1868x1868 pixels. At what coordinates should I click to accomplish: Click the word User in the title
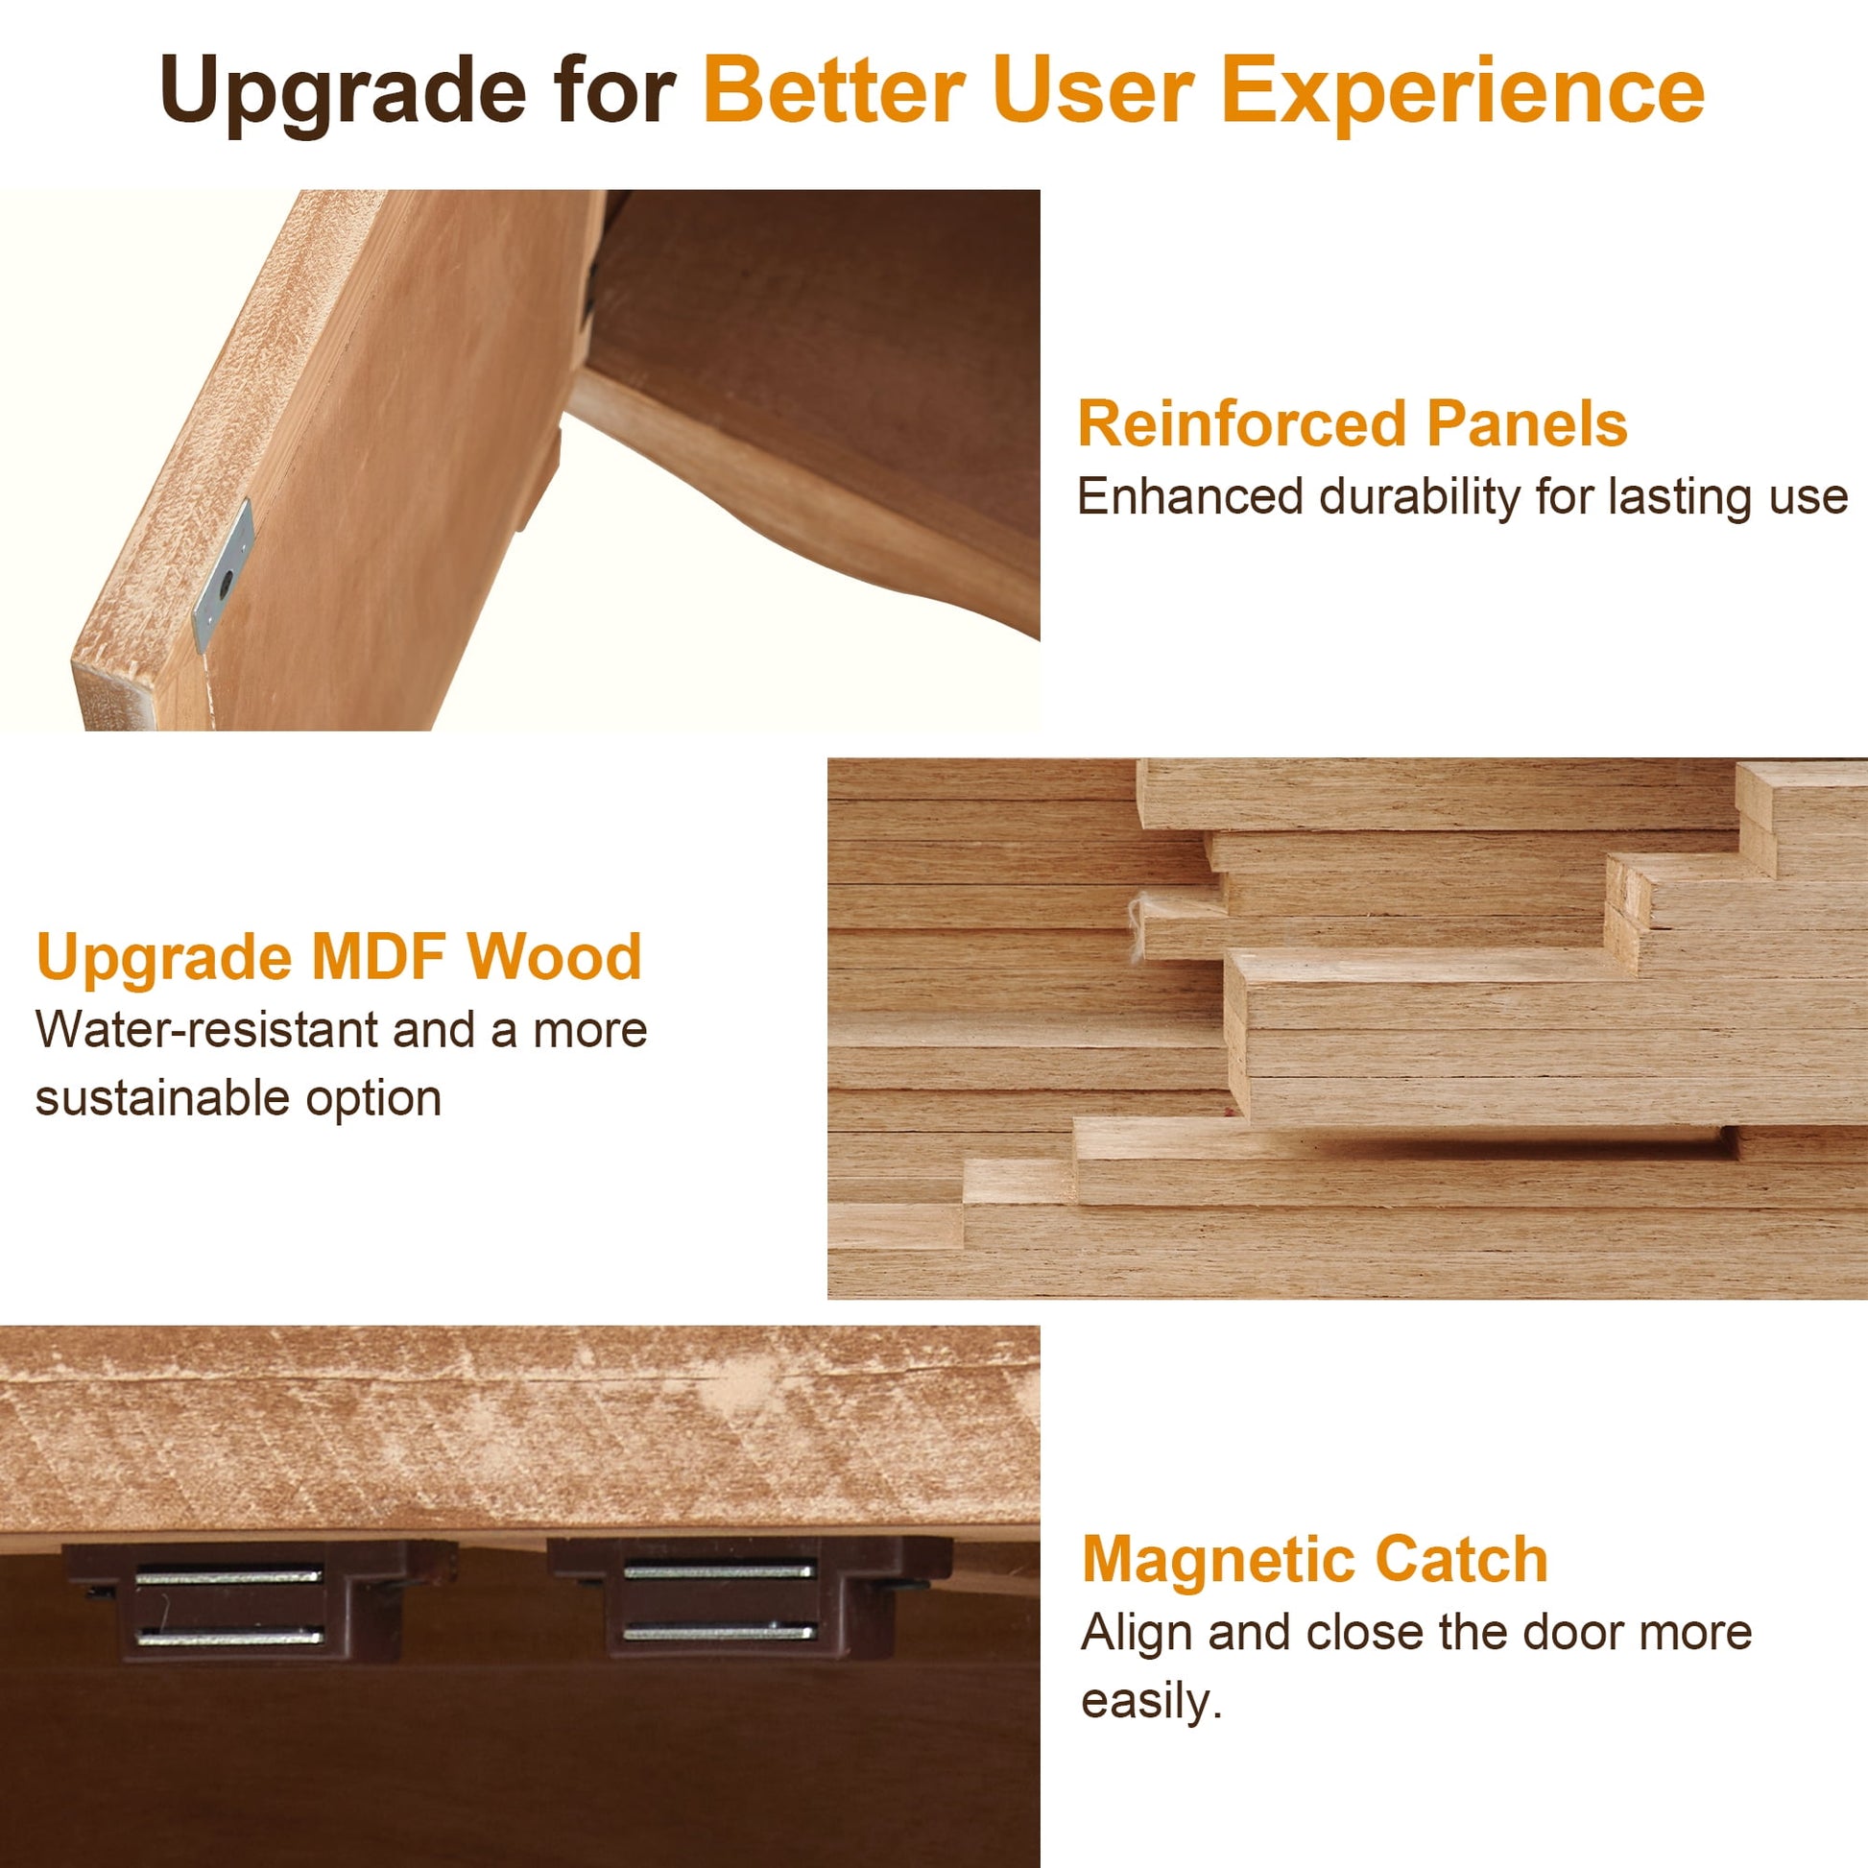pyautogui.click(x=1093, y=90)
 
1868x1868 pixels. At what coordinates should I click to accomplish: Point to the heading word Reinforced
pyautogui.click(x=1242, y=424)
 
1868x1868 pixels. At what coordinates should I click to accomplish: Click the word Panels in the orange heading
pyautogui.click(x=1527, y=424)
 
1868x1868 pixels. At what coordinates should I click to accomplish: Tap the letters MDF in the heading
pyautogui.click(x=378, y=957)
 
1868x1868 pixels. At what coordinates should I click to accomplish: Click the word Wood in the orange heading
pyautogui.click(x=555, y=957)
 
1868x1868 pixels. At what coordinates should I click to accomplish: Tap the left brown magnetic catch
pyautogui.click(x=259, y=1600)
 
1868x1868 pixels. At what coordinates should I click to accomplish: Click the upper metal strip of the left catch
pyautogui.click(x=229, y=1576)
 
